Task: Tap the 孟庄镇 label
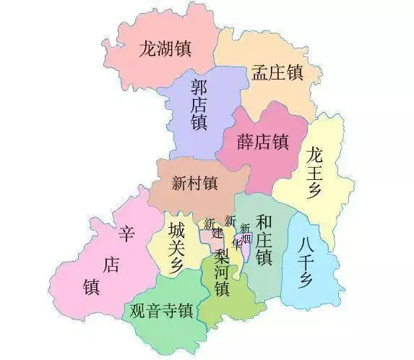coord(277,72)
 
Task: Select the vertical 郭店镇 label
coord(199,106)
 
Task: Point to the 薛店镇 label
coord(263,141)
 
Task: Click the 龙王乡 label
coord(314,172)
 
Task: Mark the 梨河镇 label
coord(221,273)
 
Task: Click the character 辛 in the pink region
coord(127,234)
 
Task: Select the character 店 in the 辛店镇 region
coord(110,265)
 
